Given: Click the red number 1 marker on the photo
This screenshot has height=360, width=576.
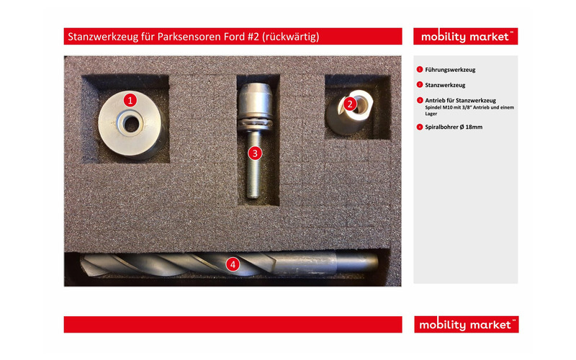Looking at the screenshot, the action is tap(130, 100).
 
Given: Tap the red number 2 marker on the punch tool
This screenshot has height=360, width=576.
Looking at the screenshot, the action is tap(350, 104).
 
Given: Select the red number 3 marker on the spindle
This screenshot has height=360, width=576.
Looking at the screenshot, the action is tap(255, 153).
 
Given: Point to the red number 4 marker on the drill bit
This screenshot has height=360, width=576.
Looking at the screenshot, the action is tap(233, 264).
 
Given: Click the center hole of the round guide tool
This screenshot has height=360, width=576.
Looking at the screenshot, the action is tap(131, 124).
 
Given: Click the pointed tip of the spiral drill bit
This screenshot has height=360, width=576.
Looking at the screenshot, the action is tap(82, 261).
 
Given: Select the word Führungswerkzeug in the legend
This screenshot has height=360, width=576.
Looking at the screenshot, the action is tap(450, 70).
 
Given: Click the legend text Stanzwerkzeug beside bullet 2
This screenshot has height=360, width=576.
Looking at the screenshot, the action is tap(445, 85).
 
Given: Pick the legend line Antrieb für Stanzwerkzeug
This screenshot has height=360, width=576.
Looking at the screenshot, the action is tap(460, 100).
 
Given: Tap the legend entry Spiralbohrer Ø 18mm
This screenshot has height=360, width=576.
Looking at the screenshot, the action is tap(454, 127).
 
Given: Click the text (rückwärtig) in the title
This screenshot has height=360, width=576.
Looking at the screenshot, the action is tap(291, 37).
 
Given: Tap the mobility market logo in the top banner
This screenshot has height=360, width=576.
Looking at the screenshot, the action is tap(465, 37).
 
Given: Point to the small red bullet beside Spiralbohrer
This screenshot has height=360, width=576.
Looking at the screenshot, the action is tap(420, 127).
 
